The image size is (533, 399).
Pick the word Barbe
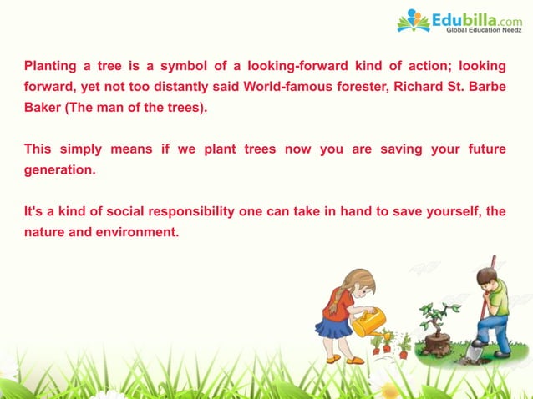tap(488, 86)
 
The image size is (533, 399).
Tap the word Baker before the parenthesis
tap(42, 108)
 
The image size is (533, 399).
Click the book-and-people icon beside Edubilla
tap(414, 21)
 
